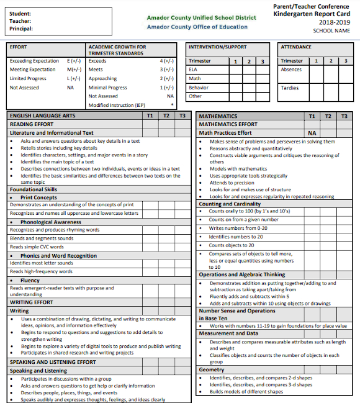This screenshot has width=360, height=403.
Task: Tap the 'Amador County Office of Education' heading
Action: click(197, 27)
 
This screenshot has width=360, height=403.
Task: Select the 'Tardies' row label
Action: click(290, 88)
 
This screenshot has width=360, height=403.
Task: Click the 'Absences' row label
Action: click(292, 70)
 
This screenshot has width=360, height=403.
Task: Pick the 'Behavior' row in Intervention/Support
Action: click(199, 88)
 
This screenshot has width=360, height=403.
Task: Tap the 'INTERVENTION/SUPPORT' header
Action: click(218, 47)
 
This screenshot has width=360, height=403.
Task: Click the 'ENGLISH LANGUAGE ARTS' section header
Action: click(42, 116)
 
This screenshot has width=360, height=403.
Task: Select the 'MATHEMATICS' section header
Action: click(218, 116)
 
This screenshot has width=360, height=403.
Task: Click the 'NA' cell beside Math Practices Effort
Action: click(312, 133)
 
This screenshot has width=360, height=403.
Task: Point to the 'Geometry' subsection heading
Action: click(212, 369)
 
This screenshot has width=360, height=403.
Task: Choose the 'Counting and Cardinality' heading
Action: click(230, 204)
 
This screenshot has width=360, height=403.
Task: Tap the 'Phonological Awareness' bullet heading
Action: click(50, 222)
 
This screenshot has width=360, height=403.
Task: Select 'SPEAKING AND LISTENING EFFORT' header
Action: click(53, 362)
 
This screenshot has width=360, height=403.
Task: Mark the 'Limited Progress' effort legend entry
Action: click(28, 79)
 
